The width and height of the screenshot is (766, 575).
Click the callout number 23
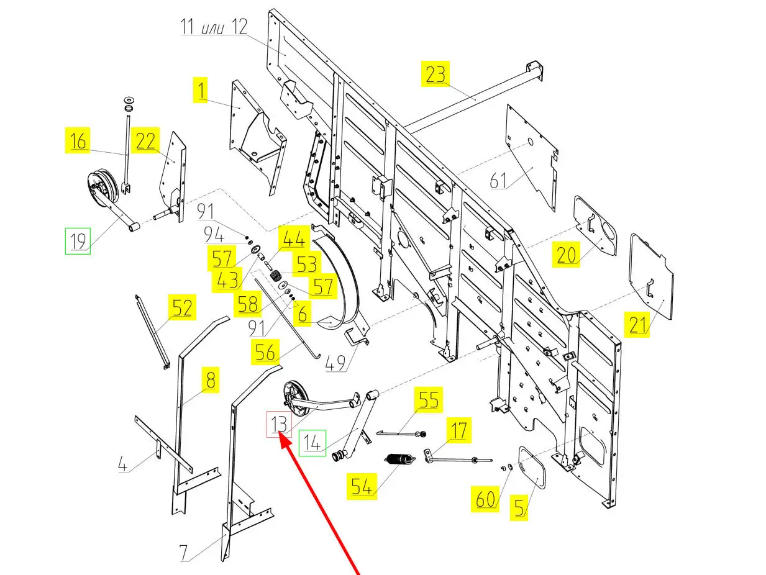[x=435, y=74]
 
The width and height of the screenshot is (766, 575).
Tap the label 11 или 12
[x=214, y=27]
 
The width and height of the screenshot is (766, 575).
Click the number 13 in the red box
[x=279, y=425]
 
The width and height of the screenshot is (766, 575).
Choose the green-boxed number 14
[x=312, y=443]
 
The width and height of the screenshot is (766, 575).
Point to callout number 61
[x=499, y=180]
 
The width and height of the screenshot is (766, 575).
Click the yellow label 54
[x=362, y=486]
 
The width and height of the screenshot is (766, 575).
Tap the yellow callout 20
[x=566, y=255]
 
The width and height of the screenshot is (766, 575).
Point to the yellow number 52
[x=182, y=308]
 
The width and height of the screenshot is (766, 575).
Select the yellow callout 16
[x=78, y=141]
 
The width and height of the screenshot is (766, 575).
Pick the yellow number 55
[x=428, y=400]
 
